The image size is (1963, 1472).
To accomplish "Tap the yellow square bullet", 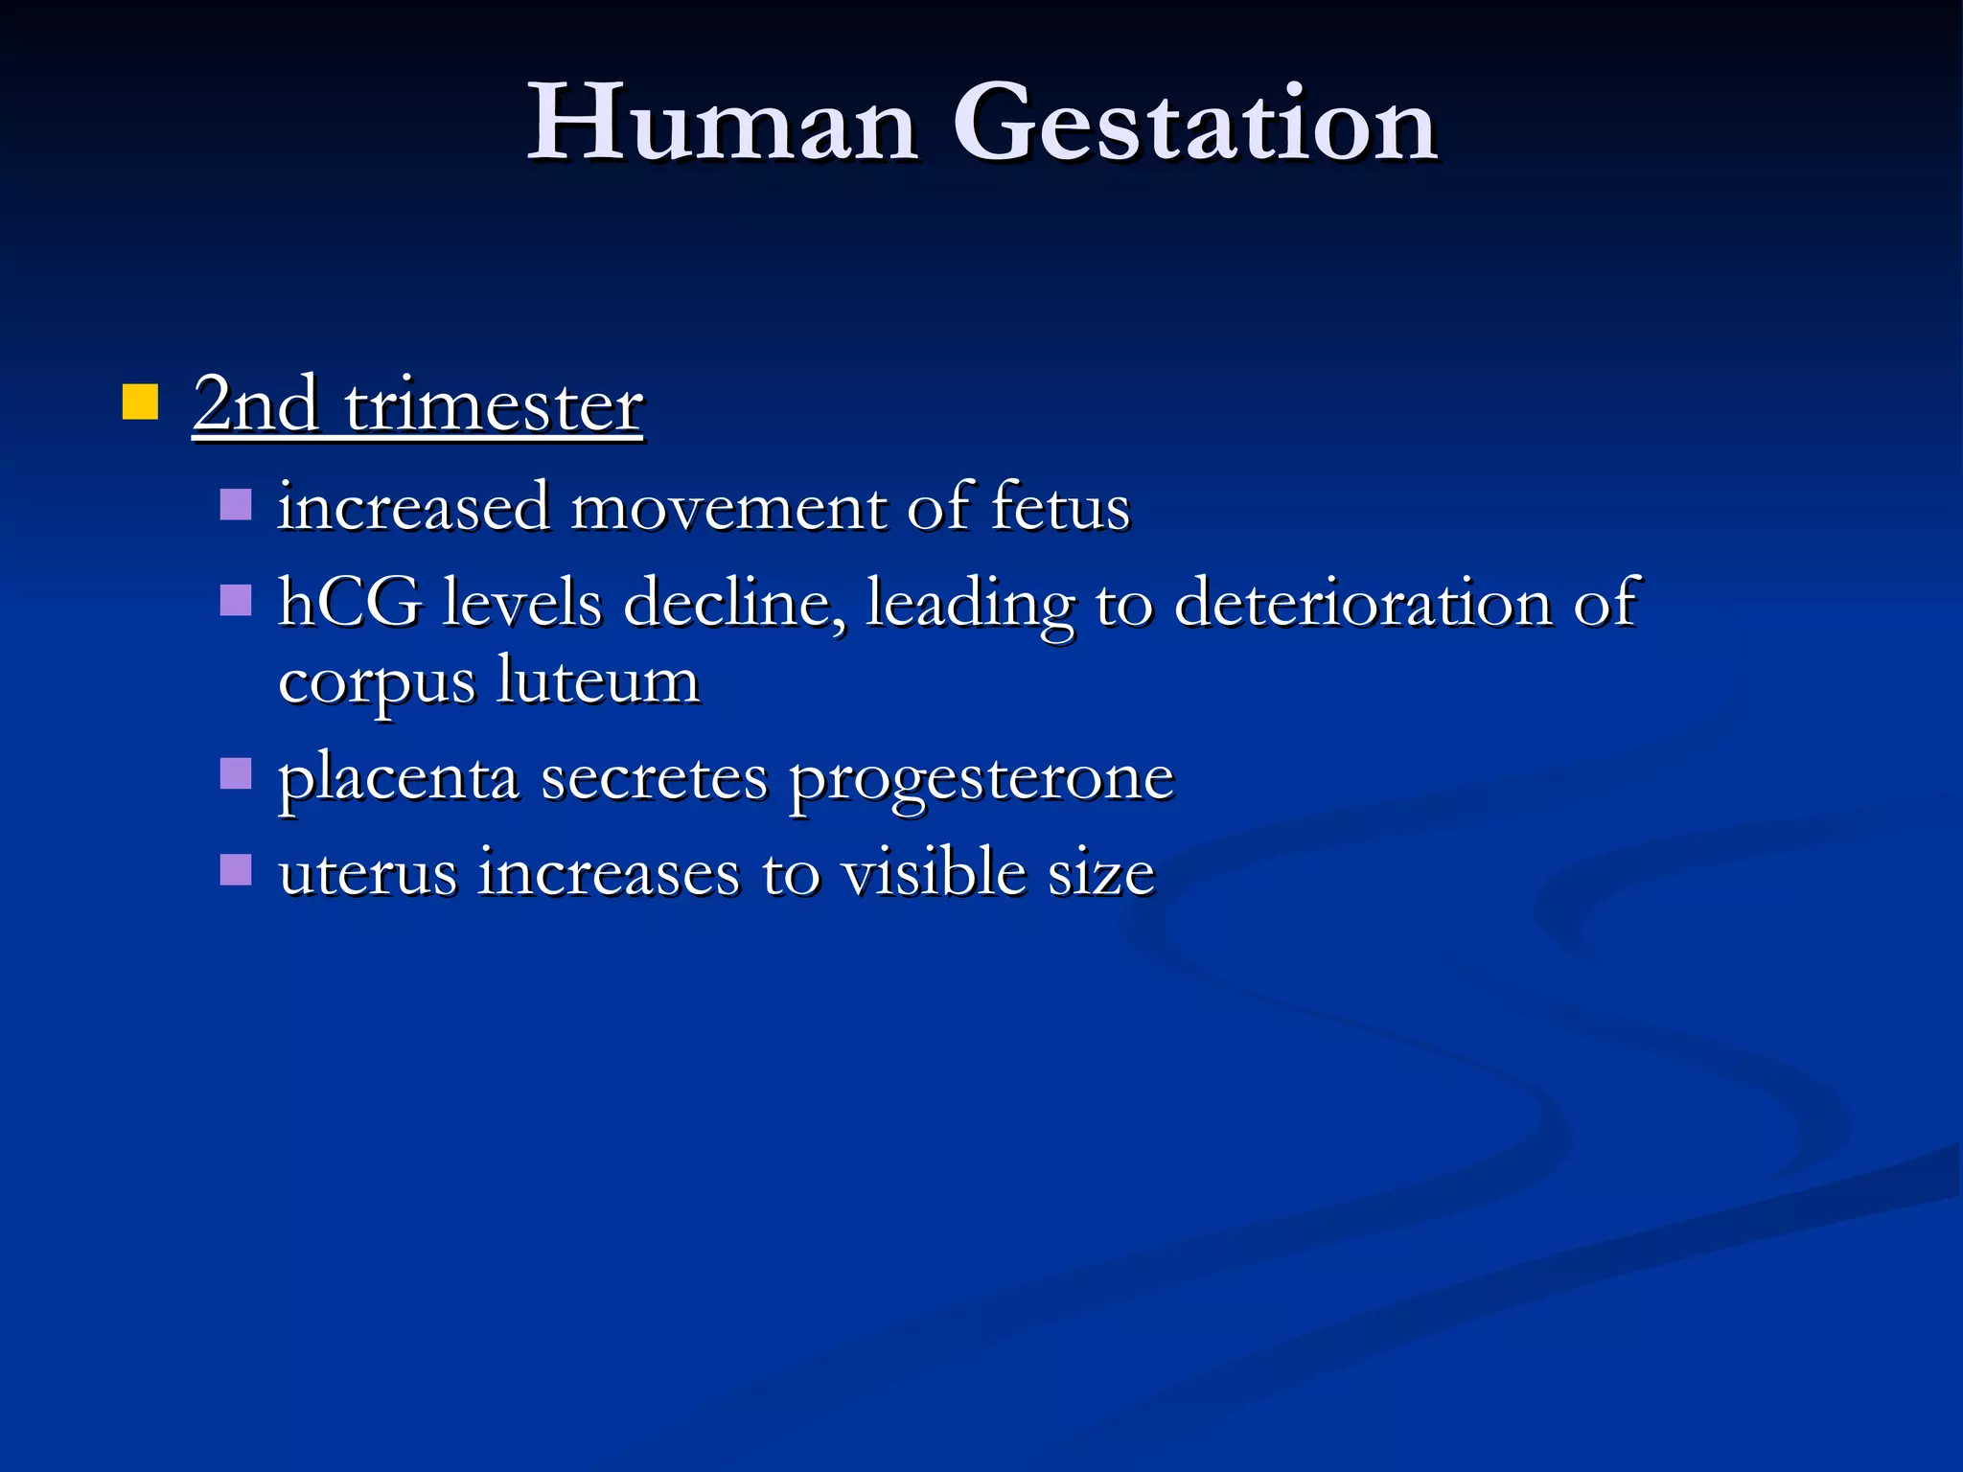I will tap(140, 402).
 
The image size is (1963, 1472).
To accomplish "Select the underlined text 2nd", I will tap(255, 404).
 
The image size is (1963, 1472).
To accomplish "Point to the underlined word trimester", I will tap(493, 406).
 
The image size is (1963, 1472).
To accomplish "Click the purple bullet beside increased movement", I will tap(235, 504).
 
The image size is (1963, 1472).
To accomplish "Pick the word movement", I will tap(728, 507).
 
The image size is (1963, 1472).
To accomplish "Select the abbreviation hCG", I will tap(349, 603).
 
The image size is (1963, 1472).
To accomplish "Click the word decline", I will tap(735, 603).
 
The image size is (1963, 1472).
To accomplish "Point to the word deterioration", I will tap(1362, 603).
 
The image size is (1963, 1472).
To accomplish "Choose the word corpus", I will tap(376, 683).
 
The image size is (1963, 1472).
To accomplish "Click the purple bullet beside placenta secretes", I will tap(235, 772).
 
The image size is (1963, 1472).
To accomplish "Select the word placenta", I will tap(398, 777).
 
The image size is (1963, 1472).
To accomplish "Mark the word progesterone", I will tap(981, 779).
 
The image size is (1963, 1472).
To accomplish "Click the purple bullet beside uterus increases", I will tap(235, 869).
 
